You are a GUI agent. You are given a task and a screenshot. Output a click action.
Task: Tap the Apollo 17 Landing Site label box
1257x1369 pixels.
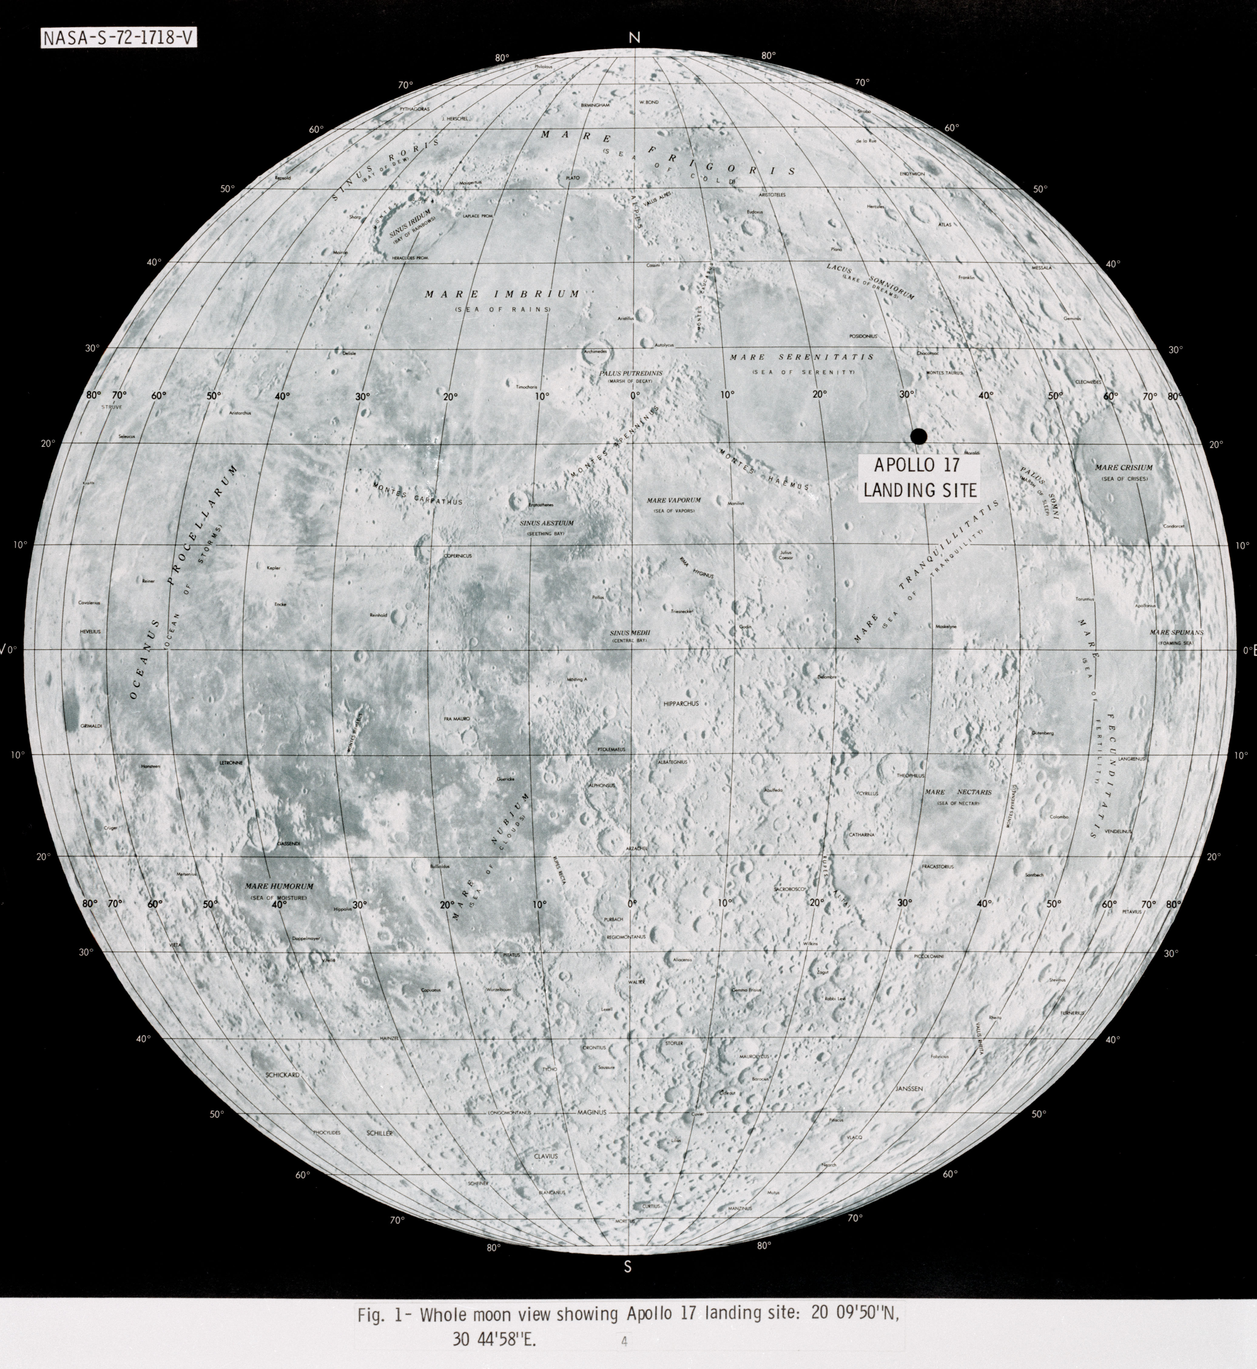tap(918, 478)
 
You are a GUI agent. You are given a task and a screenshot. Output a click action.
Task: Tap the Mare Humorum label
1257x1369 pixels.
tap(279, 887)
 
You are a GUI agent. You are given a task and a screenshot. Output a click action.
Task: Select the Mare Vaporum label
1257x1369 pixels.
tap(673, 500)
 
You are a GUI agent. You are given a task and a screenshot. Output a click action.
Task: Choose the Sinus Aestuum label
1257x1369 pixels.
tap(546, 523)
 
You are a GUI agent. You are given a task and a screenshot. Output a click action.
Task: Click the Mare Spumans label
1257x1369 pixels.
tap(1176, 633)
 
